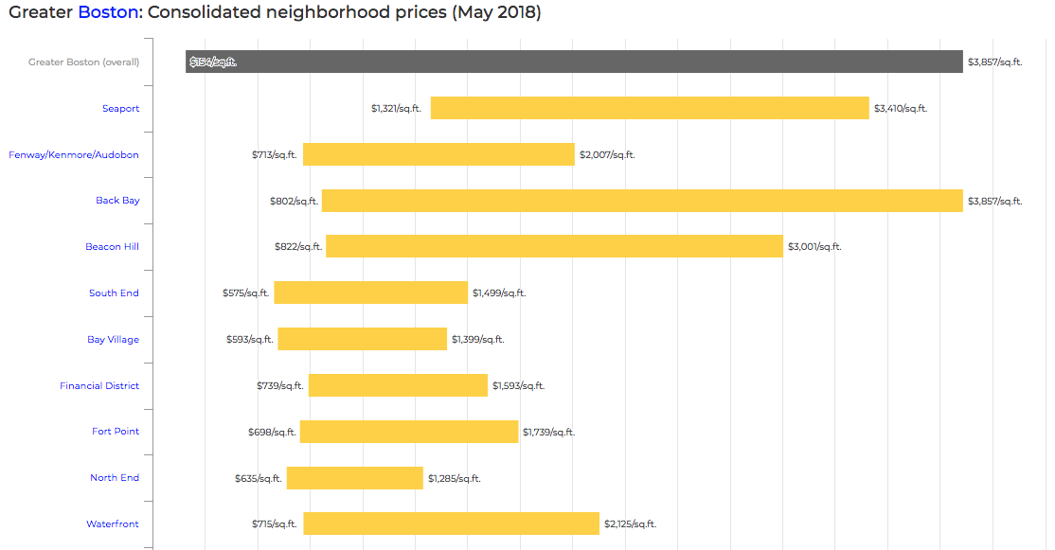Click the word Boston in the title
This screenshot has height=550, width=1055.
[x=107, y=13]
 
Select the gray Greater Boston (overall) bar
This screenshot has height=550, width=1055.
[x=574, y=62]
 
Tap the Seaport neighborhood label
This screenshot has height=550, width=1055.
[x=120, y=109]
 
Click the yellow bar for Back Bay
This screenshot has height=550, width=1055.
[x=642, y=201]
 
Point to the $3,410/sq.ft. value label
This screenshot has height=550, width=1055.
[x=900, y=109]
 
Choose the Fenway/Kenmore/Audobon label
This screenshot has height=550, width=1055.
[x=74, y=155]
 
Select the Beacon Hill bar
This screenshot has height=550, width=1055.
[x=554, y=247]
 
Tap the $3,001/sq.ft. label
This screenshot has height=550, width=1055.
[x=814, y=247]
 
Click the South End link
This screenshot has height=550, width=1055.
[x=114, y=293]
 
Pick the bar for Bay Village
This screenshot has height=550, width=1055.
[x=362, y=339]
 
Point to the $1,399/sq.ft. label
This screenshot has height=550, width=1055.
[x=477, y=339]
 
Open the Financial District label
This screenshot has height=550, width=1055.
[x=99, y=386]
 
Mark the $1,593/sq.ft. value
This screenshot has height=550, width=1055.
[x=518, y=386]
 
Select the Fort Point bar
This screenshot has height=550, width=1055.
[x=409, y=432]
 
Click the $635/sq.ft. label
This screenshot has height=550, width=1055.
[x=259, y=479]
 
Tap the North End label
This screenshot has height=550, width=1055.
[x=115, y=478]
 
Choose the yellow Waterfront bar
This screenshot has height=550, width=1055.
[x=451, y=523]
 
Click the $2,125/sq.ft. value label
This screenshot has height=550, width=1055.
[x=630, y=524]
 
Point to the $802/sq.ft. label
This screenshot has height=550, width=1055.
[x=293, y=202]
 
